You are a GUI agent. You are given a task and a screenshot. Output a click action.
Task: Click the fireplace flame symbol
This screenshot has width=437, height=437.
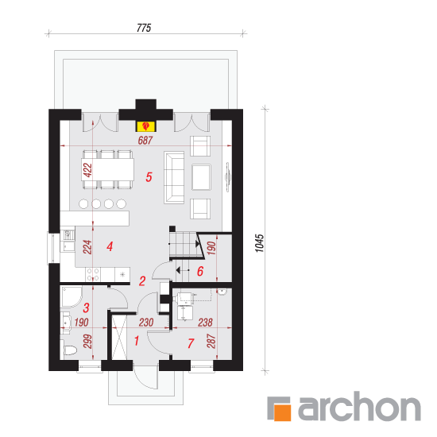145,126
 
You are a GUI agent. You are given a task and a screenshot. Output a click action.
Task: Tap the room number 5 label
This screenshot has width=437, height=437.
149,177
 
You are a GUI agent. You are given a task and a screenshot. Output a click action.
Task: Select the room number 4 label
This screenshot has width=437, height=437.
110,246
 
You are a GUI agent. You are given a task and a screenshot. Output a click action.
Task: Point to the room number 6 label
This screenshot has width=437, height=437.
200,271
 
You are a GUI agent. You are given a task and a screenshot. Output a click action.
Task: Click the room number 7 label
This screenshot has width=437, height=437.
191,343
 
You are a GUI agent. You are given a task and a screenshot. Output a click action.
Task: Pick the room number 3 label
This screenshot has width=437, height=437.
86,307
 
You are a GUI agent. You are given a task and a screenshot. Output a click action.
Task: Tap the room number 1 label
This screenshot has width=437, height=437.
137,341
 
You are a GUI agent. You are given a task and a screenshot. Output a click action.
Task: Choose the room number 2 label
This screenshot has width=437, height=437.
142,281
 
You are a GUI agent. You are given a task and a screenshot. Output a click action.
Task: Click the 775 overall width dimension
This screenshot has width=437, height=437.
144,28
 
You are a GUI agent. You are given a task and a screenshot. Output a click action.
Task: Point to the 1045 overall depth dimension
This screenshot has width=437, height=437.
260,243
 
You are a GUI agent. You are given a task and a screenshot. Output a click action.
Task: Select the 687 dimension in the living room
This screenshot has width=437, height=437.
145,140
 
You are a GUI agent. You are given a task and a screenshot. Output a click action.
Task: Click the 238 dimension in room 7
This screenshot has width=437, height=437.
205,323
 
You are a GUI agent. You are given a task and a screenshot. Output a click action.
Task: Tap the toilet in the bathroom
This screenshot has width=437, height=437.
68,350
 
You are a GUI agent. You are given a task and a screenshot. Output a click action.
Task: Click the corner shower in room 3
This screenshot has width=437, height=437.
71,296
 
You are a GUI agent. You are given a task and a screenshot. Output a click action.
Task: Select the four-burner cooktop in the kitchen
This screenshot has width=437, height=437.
93,274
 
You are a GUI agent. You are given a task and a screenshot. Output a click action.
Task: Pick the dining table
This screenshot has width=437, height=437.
107,169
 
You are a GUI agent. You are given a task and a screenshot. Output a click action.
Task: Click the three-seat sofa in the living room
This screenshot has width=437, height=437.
174,177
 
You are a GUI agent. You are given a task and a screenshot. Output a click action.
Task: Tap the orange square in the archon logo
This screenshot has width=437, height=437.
282,412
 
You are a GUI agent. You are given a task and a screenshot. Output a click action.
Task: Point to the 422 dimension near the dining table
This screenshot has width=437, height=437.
87,170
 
